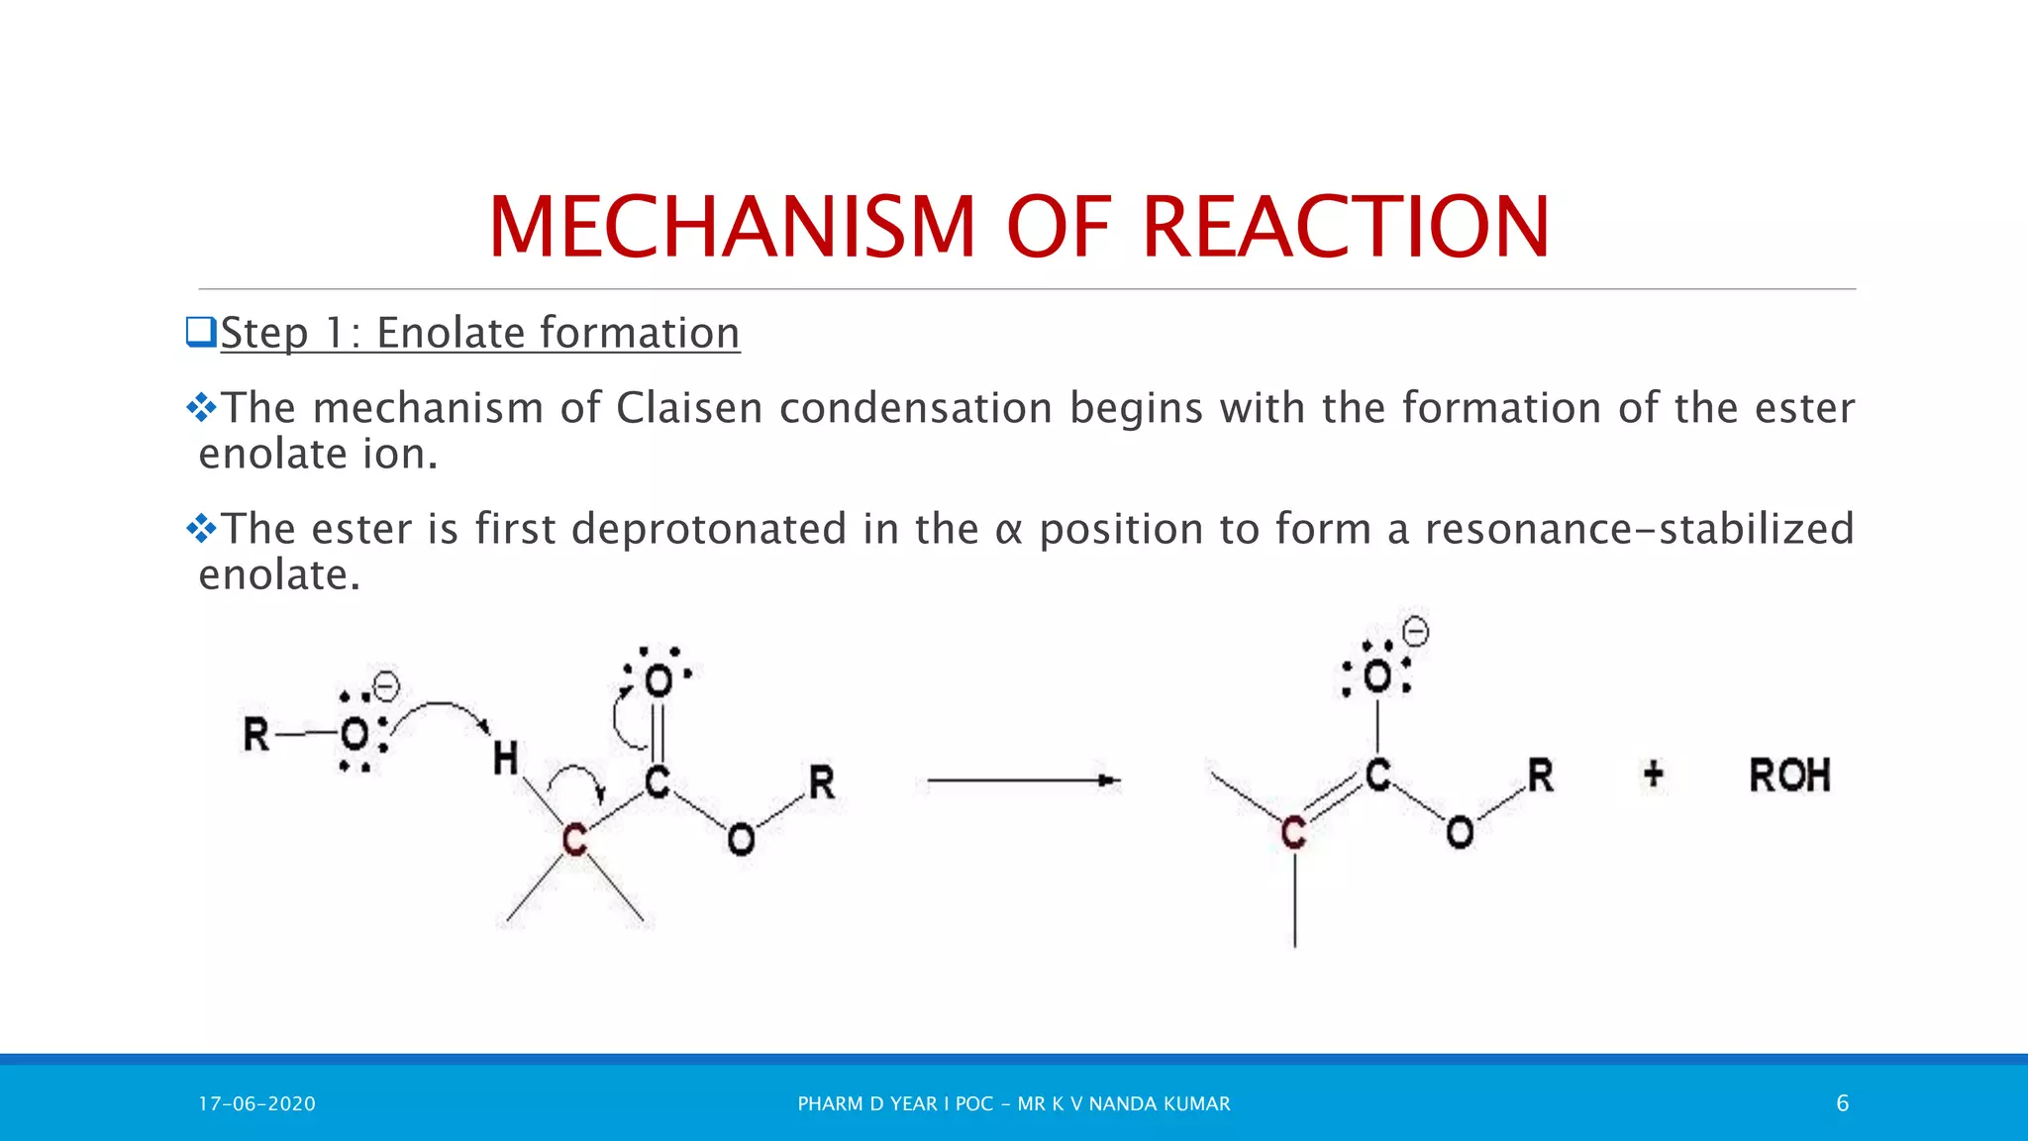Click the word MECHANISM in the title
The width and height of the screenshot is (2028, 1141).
[x=732, y=228]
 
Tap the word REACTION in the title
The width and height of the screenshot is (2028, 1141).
[x=1345, y=228]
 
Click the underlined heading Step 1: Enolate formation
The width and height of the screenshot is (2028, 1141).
[x=479, y=333]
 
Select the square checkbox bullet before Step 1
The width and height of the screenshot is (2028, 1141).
[x=201, y=332]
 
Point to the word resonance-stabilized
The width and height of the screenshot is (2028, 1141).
[x=1639, y=529]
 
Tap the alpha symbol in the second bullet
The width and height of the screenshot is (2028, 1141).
[x=1008, y=531]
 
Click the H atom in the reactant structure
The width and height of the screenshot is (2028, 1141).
[x=505, y=760]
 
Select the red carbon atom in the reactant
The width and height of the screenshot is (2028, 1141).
[x=574, y=840]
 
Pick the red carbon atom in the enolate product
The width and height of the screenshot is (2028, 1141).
[x=1293, y=833]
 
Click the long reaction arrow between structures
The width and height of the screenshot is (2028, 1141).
[x=1023, y=780]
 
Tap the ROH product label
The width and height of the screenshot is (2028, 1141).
[x=1788, y=776]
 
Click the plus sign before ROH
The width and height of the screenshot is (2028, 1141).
[x=1653, y=774]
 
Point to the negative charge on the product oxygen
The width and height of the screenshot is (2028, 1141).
[x=1416, y=631]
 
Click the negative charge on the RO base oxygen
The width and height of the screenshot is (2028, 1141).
[x=385, y=686]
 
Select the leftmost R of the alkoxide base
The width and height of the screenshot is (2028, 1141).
[x=256, y=735]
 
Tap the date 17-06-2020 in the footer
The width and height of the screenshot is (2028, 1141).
[x=256, y=1103]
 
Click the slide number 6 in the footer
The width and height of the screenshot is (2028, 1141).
[x=1842, y=1103]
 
